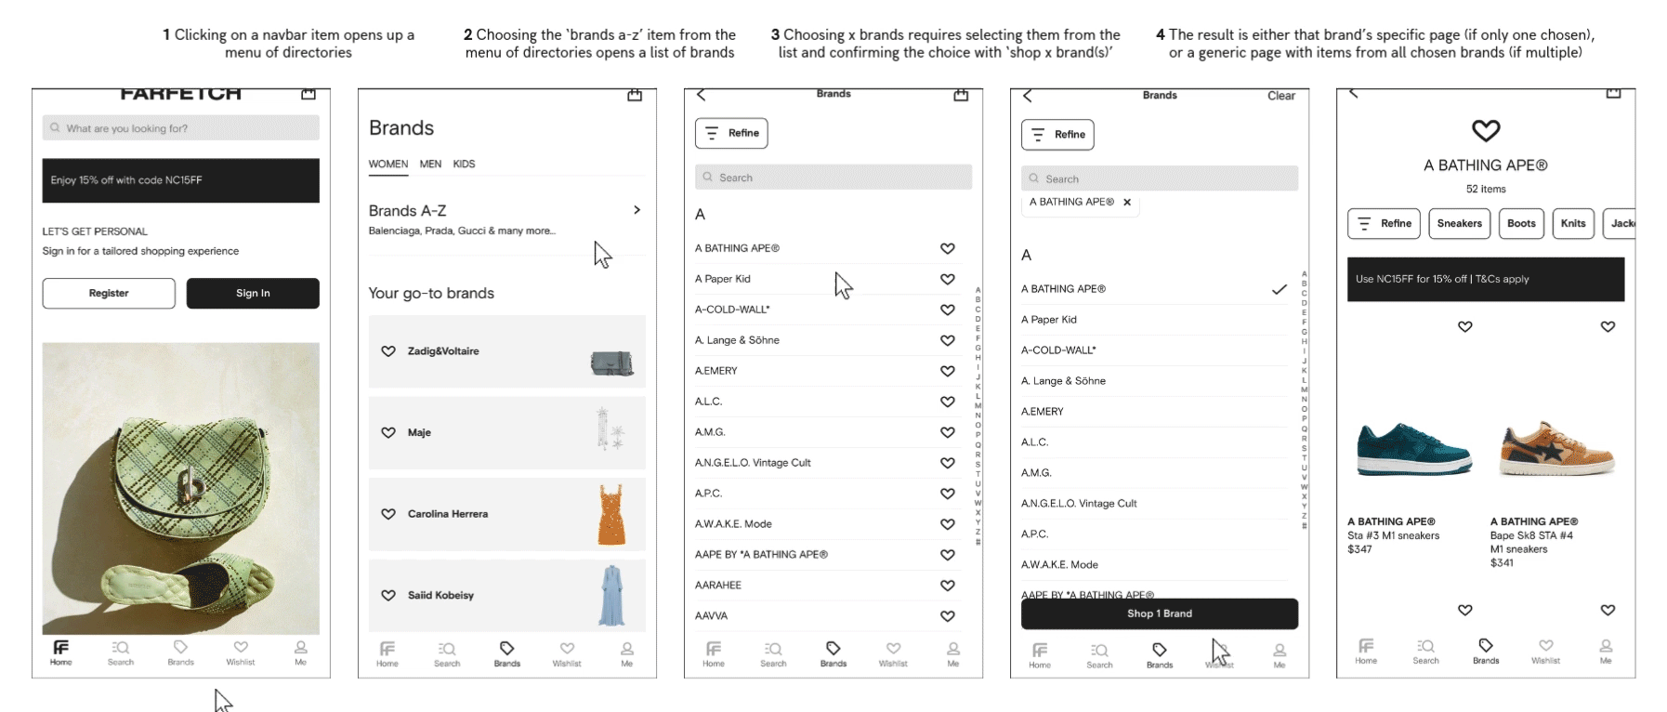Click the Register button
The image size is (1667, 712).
tap(109, 293)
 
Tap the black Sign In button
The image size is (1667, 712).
tap(253, 293)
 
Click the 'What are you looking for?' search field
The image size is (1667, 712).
tap(181, 128)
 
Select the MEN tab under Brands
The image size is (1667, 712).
tap(430, 164)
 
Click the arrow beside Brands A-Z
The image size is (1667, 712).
tap(637, 210)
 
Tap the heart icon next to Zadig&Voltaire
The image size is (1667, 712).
tap(388, 351)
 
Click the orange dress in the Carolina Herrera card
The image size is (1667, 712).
tap(611, 514)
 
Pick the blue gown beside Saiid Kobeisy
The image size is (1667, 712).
tap(612, 596)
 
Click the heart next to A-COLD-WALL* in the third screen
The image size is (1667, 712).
tap(948, 310)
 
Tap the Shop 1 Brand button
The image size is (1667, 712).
tap(1159, 613)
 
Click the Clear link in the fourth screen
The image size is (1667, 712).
tap(1280, 96)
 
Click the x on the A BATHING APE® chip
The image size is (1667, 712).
tap(1127, 202)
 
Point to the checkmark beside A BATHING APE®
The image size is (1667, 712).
tap(1280, 289)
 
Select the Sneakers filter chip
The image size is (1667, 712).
tap(1459, 223)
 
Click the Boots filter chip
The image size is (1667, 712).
tap(1521, 223)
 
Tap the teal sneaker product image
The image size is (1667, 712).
tap(1413, 449)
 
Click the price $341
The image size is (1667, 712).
tap(1502, 562)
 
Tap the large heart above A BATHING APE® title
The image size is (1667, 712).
tap(1486, 131)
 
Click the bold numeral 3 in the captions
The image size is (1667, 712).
tap(775, 34)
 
